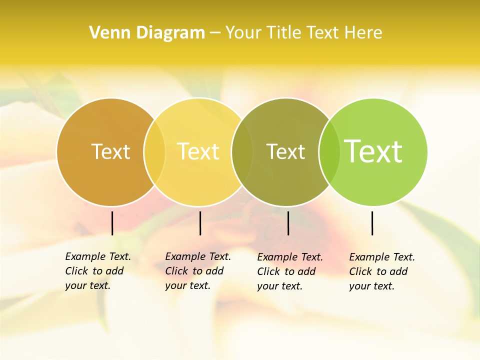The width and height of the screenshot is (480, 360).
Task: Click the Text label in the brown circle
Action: coord(110,151)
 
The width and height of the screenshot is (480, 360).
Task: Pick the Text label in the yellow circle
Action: coord(198,151)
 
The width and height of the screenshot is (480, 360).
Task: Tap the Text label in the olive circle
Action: coord(285,151)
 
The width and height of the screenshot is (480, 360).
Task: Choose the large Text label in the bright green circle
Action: coord(373,151)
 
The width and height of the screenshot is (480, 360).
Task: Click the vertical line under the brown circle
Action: coord(112,223)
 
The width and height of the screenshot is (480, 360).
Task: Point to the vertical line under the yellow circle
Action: coord(200,223)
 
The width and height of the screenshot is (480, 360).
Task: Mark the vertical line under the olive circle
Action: coord(288,223)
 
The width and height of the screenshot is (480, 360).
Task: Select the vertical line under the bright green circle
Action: coord(372,223)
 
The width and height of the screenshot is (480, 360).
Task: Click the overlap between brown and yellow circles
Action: coord(154,152)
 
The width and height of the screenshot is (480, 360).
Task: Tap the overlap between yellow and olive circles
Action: coord(242,152)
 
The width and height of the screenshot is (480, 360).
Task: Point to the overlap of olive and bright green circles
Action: coord(329,152)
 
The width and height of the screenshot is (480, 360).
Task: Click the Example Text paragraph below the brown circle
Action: coord(98,271)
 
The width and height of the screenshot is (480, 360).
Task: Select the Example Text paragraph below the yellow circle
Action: coord(198,271)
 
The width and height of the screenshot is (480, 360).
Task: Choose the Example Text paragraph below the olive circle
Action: coord(290,271)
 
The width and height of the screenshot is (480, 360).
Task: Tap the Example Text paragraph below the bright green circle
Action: coord(382,271)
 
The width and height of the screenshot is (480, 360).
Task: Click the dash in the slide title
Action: coord(215,33)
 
